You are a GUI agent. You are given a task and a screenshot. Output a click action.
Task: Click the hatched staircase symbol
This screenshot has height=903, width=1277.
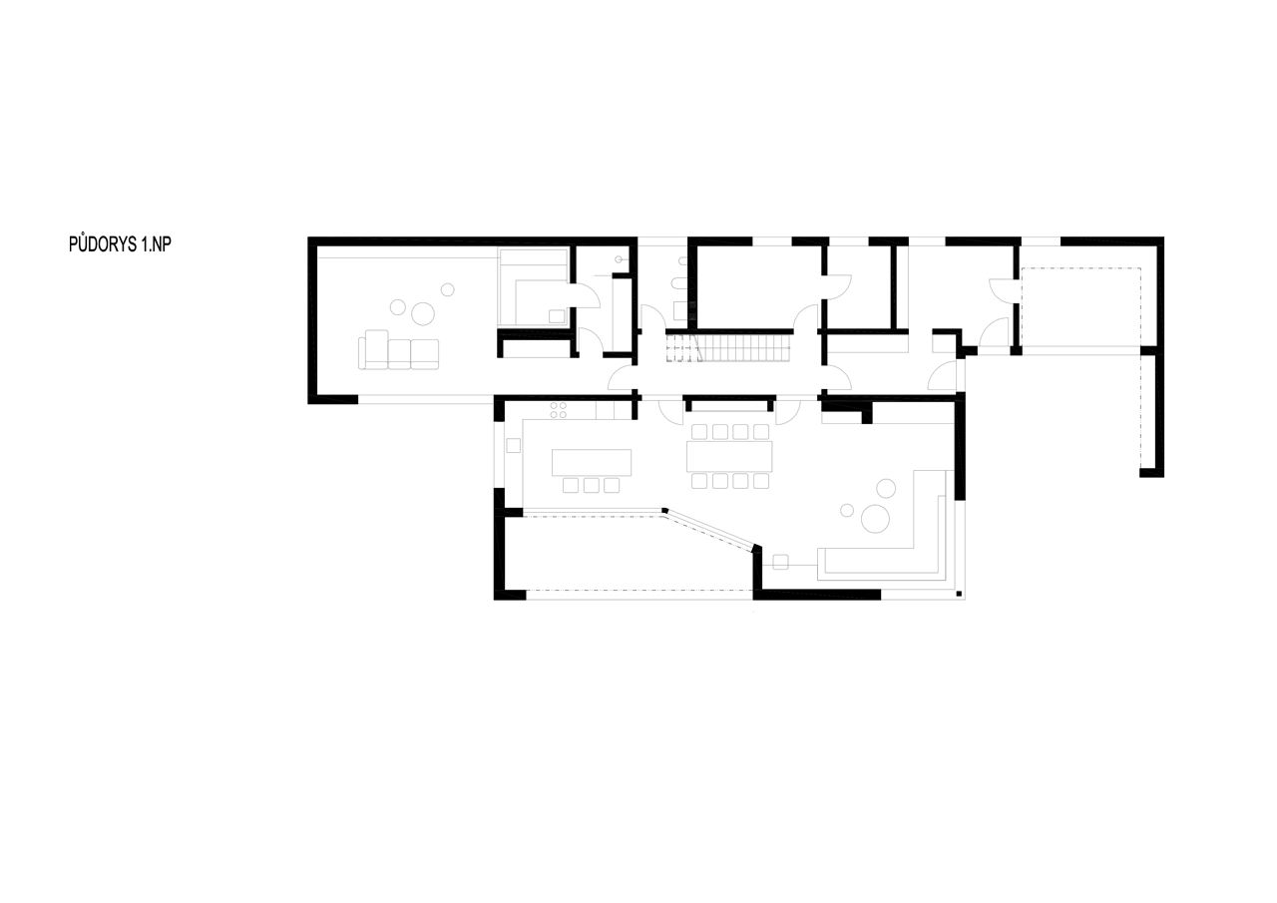(x=743, y=348)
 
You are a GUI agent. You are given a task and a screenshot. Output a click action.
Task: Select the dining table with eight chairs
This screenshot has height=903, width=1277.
(x=729, y=457)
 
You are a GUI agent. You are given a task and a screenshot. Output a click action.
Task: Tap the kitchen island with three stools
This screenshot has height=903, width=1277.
(x=592, y=462)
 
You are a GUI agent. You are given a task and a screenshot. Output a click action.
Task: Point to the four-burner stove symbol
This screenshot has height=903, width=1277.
(x=559, y=409)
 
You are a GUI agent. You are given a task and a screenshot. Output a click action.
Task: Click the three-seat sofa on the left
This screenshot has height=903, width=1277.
(x=398, y=352)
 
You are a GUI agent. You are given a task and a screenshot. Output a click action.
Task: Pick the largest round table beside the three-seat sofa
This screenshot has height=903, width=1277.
(x=423, y=313)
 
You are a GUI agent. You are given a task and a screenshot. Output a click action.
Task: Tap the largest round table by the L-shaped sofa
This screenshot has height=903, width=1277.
(x=875, y=519)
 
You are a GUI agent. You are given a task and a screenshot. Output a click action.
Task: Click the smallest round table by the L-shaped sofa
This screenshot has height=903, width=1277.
(x=847, y=511)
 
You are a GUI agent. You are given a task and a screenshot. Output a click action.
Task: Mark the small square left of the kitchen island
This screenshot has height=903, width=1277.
(x=514, y=445)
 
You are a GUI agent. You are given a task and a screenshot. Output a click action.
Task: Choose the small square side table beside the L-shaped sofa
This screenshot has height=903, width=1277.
(x=780, y=563)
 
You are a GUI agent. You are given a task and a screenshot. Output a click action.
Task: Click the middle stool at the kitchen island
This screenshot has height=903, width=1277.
(x=592, y=485)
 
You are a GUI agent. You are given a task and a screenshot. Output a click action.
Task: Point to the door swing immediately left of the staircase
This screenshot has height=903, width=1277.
(x=653, y=317)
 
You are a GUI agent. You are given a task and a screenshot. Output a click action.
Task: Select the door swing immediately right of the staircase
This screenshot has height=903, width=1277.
(x=806, y=317)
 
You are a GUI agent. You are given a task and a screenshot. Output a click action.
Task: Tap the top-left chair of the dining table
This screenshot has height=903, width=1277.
(x=699, y=432)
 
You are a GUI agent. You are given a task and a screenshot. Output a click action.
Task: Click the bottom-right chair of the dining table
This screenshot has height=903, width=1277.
(x=761, y=481)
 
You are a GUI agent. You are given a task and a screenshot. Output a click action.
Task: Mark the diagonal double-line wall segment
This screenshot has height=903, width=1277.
(x=710, y=528)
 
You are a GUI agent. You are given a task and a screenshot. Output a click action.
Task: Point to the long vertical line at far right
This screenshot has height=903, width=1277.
(x=1164, y=357)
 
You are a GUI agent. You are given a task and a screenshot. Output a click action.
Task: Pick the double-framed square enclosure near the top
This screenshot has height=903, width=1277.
(x=534, y=287)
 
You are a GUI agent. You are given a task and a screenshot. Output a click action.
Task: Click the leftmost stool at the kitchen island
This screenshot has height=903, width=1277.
(x=571, y=485)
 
